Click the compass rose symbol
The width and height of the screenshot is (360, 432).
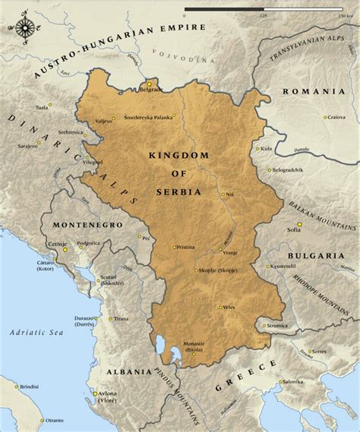[24, 28]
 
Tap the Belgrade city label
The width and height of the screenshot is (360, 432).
[150, 89]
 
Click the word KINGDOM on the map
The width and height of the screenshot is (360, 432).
[179, 155]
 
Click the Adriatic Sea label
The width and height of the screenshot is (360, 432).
[31, 332]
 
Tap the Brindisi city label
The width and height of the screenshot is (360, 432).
[30, 386]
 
